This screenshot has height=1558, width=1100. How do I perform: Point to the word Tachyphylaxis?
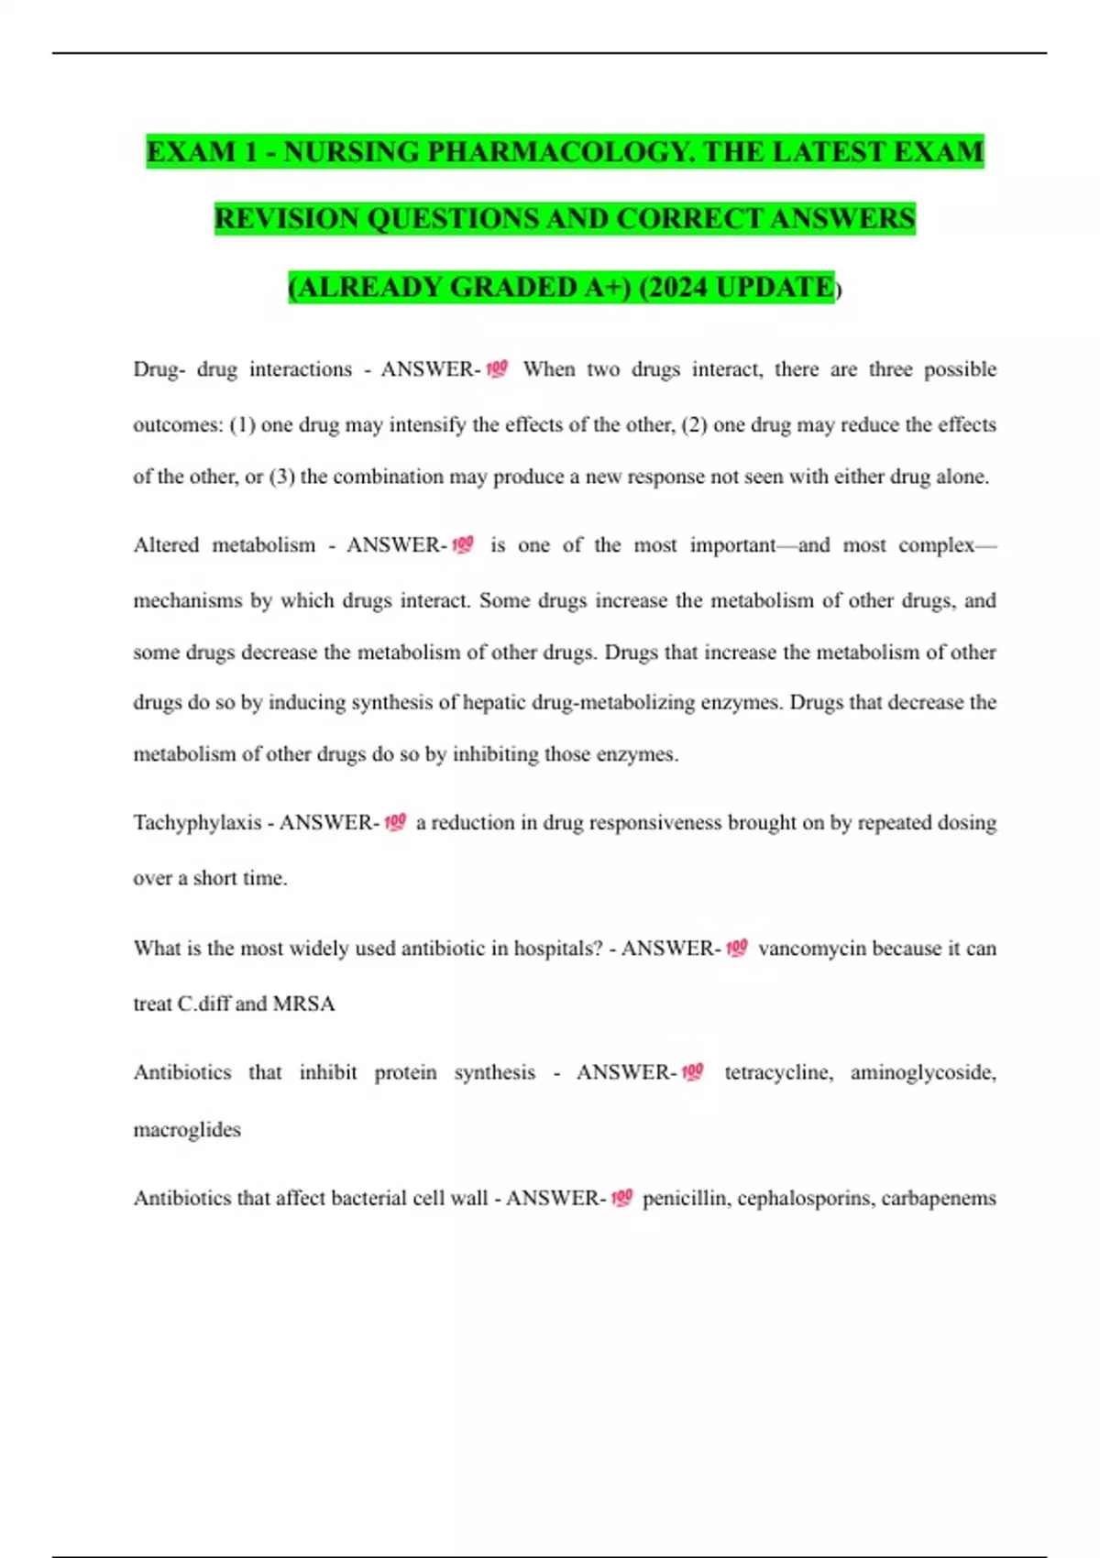pos(197,822)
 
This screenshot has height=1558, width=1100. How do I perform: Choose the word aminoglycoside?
pos(922,1072)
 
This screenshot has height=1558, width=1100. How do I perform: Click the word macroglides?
pos(187,1129)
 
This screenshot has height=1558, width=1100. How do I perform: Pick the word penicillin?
pos(686,1198)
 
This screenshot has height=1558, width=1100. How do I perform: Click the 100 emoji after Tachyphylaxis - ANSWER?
pos(395,822)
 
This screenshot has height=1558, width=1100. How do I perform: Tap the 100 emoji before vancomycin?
pos(737,948)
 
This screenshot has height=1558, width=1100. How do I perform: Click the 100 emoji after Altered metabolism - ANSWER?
pos(463,544)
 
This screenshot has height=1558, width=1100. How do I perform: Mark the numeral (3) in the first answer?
pos(281,477)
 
